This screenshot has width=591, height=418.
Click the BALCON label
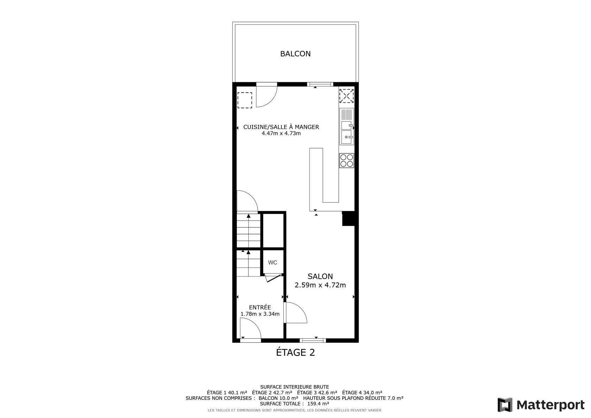295,54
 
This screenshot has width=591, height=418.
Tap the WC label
273,263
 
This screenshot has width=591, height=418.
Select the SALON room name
320,276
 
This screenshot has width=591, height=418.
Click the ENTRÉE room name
260,307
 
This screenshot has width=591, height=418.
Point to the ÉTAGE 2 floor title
295,353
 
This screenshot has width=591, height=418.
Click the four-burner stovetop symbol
347,160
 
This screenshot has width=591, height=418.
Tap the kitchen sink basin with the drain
346,137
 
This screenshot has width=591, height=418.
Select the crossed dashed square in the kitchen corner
346,96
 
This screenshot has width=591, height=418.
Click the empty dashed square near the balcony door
245,100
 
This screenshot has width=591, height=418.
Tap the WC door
273,278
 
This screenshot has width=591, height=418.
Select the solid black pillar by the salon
348,218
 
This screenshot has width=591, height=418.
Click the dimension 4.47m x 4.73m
281,133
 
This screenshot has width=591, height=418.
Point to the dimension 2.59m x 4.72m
320,285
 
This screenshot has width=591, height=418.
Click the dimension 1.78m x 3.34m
260,314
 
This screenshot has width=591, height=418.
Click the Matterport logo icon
505,405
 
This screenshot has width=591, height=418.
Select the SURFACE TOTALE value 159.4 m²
318,404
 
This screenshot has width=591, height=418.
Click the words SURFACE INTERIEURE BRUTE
294,387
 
